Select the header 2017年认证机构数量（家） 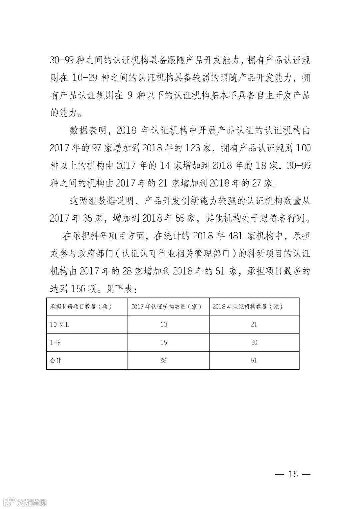point(166,307)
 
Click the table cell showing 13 point(163,324)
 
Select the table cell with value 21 point(254,324)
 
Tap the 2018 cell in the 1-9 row point(254,342)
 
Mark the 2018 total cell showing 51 point(254,360)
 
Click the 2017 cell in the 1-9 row point(163,342)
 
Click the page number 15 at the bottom point(293,474)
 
